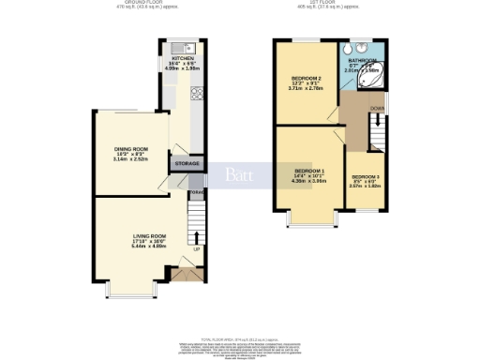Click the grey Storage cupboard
click(x=187, y=163)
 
